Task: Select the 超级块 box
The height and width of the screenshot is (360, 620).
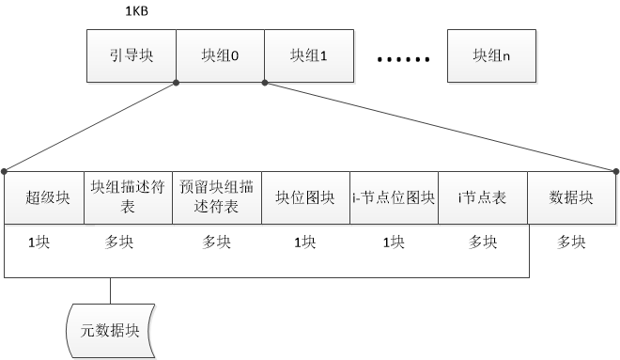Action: [44, 197]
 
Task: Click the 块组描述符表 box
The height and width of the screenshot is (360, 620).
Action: [128, 197]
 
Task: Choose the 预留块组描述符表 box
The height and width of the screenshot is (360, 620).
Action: [216, 197]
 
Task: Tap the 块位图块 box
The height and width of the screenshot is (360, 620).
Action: [305, 197]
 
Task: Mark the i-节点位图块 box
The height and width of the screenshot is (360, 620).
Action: [394, 197]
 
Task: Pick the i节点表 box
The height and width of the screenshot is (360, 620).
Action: [482, 197]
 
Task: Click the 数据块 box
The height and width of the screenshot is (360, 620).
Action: [571, 197]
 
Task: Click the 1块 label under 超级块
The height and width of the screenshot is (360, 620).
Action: [39, 242]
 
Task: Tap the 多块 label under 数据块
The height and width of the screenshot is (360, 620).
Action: [571, 242]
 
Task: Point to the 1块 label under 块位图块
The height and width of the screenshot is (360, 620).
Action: [305, 242]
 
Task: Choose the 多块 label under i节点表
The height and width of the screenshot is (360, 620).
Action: [482, 242]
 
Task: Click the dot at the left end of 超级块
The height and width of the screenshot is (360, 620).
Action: [5, 171]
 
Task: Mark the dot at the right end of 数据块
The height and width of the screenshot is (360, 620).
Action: [616, 171]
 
